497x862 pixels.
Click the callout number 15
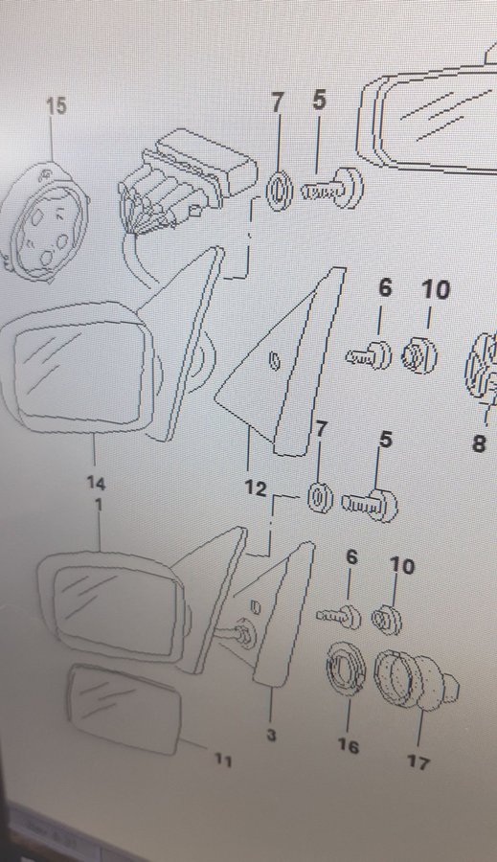coord(56,105)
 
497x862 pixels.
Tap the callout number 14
coord(96,484)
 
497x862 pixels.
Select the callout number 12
coord(256,488)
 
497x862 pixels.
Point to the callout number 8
coord(479,443)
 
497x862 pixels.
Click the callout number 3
coord(271,735)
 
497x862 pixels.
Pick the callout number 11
coord(223,760)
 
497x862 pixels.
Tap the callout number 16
coord(349,745)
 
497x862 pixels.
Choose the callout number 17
coord(418,762)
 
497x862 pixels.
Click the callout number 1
coord(99,505)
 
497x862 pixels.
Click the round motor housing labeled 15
coord(45,220)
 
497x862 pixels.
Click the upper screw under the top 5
coord(332,189)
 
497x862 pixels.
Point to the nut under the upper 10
coord(419,356)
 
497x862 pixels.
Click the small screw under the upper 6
coord(369,355)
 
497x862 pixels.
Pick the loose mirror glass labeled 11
coord(124,708)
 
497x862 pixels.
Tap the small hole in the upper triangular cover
coord(275,360)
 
